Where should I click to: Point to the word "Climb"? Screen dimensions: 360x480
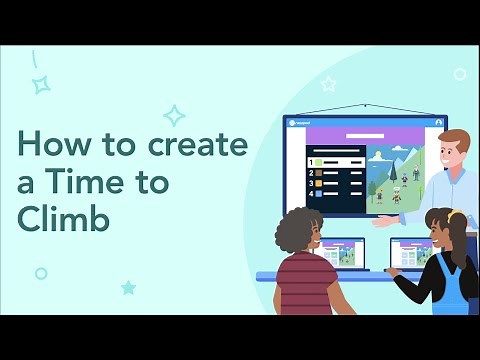point(62,219)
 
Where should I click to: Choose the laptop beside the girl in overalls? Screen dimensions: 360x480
point(409,255)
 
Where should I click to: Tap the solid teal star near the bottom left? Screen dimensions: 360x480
point(128,287)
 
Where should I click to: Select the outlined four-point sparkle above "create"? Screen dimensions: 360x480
point(174,115)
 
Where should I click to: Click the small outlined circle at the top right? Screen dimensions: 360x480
point(459,74)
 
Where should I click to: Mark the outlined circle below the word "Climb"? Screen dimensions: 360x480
point(41,273)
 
